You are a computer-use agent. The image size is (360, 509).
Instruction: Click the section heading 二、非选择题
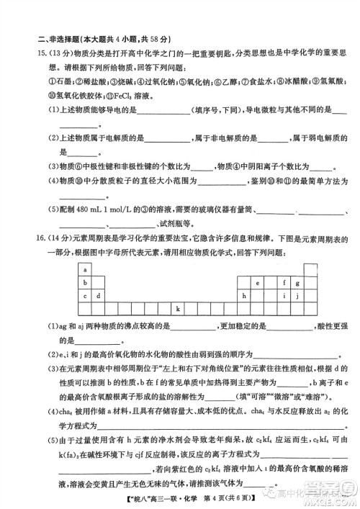(60, 40)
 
